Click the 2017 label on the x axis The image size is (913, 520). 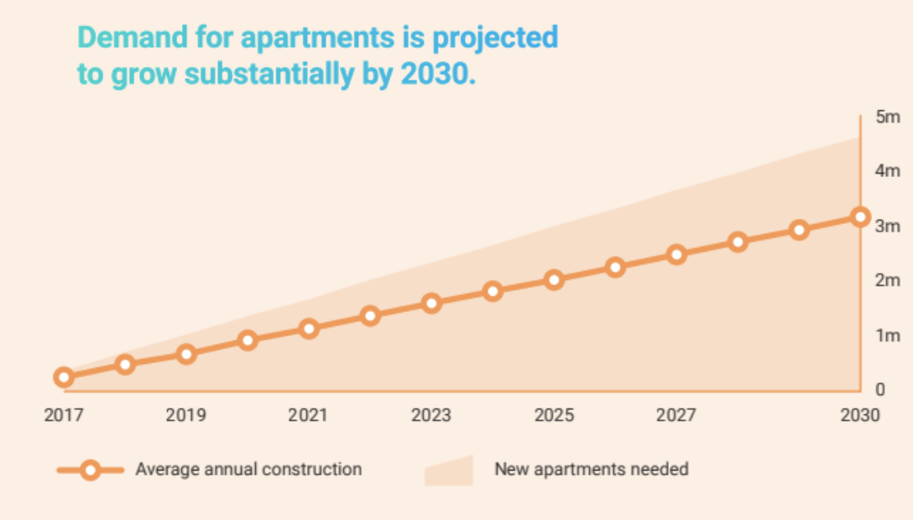[63, 415]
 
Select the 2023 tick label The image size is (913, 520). [431, 415]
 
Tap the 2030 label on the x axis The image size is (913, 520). [860, 415]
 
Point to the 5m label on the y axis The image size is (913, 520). [887, 117]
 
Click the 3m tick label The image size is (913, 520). [887, 226]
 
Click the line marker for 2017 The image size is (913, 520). [64, 377]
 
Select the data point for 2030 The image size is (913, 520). [860, 217]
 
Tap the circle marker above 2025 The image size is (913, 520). [554, 279]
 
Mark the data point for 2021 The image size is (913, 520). [309, 328]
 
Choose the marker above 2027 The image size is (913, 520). [676, 254]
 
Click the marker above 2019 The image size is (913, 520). [186, 353]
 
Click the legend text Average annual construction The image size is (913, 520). [248, 469]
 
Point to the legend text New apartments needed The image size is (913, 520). [591, 469]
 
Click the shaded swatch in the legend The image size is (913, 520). [449, 471]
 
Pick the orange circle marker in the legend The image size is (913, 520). [91, 470]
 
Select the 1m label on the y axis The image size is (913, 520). [887, 335]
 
